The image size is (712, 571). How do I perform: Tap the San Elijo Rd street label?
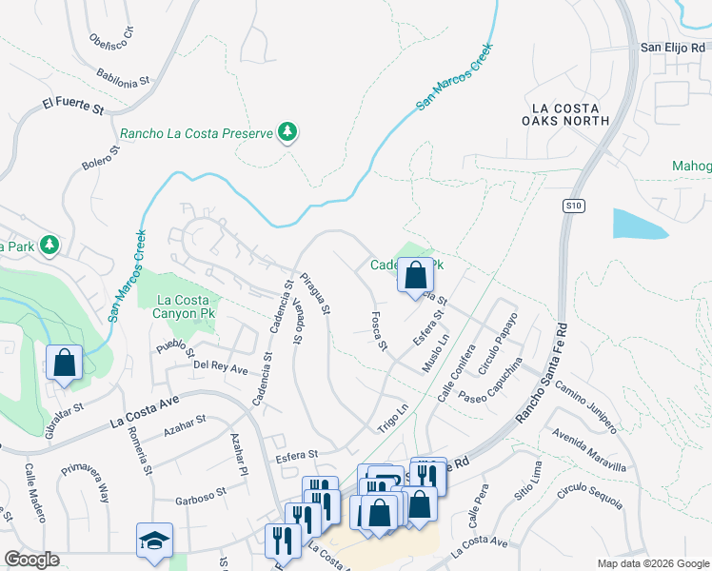pyautogui.click(x=674, y=47)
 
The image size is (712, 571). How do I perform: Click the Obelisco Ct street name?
pyautogui.click(x=111, y=46)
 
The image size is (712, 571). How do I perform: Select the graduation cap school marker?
pyautogui.click(x=154, y=540)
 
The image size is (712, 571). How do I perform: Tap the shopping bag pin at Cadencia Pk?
pyautogui.click(x=415, y=275)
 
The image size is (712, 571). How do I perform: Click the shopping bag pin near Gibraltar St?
pyautogui.click(x=64, y=362)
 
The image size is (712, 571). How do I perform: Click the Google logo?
pyautogui.click(x=31, y=560)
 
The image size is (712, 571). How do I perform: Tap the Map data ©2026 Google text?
pyautogui.click(x=653, y=563)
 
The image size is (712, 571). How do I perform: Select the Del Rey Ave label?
pyautogui.click(x=220, y=366)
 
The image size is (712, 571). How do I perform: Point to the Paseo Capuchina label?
pyautogui.click(x=491, y=381)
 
